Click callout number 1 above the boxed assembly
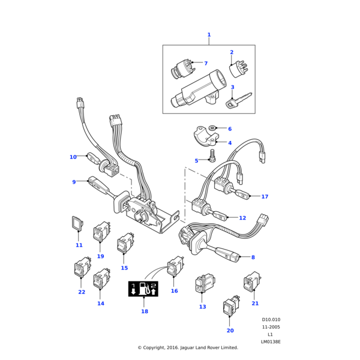[x=209, y=35]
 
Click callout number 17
[x=265, y=196]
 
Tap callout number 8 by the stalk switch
[x=253, y=257]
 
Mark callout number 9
[x=74, y=182]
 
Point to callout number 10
[x=73, y=157]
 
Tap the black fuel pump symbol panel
[x=143, y=289]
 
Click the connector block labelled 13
[x=202, y=286]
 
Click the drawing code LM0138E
[x=271, y=341]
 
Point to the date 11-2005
[x=271, y=327]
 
